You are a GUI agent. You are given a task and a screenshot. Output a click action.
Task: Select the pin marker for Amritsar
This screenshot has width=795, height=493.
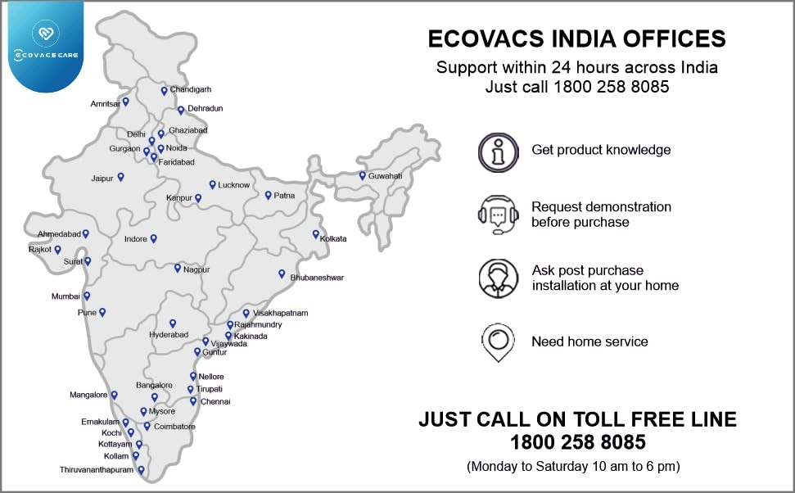point(125,102)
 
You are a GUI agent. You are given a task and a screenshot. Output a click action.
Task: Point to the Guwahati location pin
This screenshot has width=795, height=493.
point(362,175)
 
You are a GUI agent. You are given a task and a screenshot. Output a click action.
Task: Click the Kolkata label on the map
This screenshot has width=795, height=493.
point(333,238)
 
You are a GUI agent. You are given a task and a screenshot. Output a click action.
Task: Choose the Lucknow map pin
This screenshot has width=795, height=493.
point(212,184)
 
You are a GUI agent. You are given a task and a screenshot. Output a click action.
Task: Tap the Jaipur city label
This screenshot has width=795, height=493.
point(102,178)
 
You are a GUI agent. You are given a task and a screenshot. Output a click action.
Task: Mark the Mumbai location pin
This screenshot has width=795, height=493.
point(87,296)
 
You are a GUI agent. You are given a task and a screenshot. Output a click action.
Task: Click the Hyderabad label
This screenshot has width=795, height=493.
point(169,335)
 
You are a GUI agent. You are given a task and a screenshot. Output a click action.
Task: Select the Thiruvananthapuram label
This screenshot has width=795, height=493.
point(96,470)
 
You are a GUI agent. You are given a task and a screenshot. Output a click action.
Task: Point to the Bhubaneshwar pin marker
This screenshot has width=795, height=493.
point(282,274)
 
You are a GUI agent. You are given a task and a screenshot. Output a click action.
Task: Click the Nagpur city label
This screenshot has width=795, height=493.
point(196,269)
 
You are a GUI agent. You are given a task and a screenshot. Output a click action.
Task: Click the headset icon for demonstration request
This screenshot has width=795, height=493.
point(498,215)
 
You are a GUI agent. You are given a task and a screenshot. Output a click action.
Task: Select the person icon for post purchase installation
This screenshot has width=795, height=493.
point(498,278)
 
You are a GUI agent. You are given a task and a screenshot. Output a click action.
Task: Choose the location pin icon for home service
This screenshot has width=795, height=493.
point(498,343)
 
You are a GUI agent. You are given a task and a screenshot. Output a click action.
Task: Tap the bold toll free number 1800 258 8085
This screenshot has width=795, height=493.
point(578,443)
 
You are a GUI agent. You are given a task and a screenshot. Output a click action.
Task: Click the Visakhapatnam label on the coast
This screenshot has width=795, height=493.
point(280,314)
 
